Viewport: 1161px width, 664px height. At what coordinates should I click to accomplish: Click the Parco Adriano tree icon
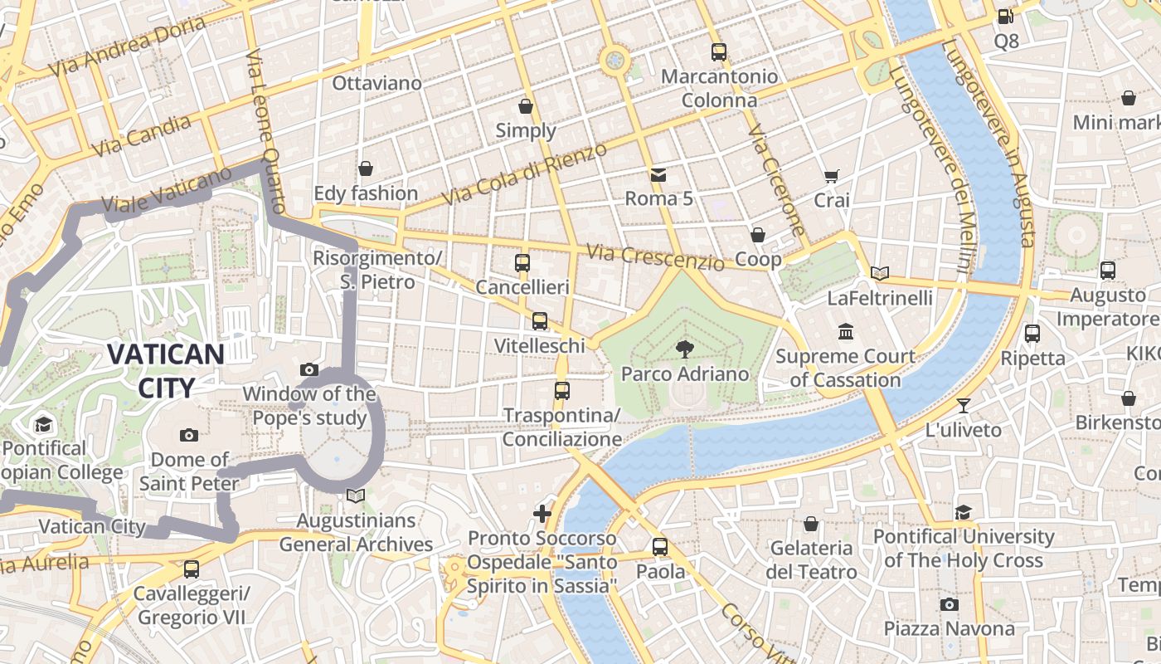tap(684, 349)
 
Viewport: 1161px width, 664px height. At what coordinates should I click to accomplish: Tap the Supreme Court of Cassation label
tap(845, 369)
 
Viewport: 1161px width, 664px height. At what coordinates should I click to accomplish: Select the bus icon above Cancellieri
tap(522, 263)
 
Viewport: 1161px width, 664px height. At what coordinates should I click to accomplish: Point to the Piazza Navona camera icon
tap(949, 604)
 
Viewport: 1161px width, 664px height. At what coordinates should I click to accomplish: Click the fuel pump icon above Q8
tap(1005, 16)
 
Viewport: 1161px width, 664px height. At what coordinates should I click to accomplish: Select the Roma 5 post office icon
tap(658, 174)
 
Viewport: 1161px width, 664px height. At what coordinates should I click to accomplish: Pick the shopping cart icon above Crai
tap(831, 176)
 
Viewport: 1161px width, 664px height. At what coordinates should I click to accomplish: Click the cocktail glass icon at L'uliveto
tap(963, 406)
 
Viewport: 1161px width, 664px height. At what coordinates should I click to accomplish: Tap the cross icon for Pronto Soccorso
tap(542, 514)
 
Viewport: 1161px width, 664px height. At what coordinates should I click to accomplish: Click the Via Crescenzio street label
tap(655, 256)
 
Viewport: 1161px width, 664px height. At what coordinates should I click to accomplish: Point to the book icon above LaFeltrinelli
tap(880, 273)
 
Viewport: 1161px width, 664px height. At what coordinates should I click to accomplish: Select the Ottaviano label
tap(376, 83)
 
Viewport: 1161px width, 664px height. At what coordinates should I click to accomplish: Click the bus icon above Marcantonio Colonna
tap(719, 52)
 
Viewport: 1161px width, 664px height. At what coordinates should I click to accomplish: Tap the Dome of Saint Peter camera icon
tap(189, 435)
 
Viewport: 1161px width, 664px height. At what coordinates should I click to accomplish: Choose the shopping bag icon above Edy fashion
tap(365, 169)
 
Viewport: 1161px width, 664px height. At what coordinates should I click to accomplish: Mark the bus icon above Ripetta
tap(1032, 334)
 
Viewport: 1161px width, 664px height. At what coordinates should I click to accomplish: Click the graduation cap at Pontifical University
tap(963, 512)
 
